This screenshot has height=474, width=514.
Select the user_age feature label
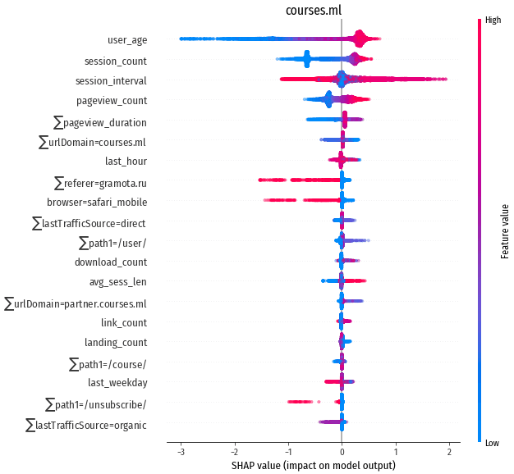tap(127, 40)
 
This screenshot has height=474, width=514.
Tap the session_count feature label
tap(116, 61)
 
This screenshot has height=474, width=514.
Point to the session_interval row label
tap(111, 80)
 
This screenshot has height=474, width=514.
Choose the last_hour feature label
tap(126, 161)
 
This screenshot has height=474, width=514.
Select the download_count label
tap(111, 262)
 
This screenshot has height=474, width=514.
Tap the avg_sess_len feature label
tap(118, 282)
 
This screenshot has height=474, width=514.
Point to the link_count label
tap(124, 322)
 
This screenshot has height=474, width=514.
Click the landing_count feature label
tap(116, 342)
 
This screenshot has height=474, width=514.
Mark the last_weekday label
tap(117, 382)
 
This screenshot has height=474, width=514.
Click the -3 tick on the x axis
tap(180, 452)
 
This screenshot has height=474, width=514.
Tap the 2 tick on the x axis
tap(449, 452)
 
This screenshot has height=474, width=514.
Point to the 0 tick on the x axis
tap(342, 452)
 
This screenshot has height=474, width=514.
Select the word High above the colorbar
tap(493, 19)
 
